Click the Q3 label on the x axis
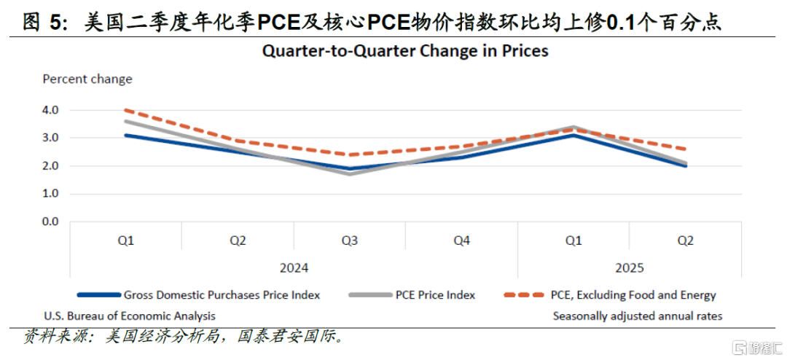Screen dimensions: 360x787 [x=350, y=240]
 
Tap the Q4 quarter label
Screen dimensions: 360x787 [x=461, y=240]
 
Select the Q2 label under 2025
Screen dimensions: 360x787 [x=686, y=240]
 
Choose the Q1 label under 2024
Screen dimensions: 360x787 [x=125, y=240]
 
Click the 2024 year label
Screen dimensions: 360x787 [x=294, y=267]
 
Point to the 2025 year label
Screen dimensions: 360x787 [x=630, y=267]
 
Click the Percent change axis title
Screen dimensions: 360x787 [x=87, y=79]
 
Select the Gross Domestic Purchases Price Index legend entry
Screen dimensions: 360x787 [x=222, y=295]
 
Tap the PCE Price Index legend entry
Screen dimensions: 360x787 [x=435, y=295]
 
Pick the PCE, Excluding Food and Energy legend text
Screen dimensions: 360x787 [x=633, y=295]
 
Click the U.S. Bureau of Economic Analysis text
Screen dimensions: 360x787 [x=130, y=316]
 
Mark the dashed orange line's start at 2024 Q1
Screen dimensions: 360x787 [x=125, y=110]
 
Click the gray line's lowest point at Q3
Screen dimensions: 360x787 [x=350, y=173]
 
